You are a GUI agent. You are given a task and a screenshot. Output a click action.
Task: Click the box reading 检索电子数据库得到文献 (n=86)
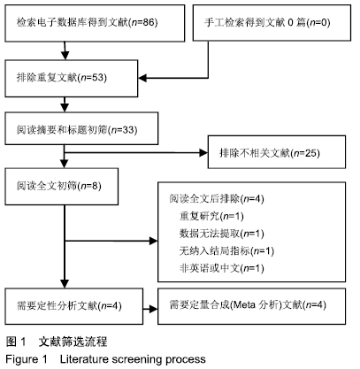[x=95, y=23]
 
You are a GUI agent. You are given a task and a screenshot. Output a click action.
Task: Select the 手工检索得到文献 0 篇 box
[x=272, y=23]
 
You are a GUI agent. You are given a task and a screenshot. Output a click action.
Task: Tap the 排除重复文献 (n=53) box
[x=72, y=78]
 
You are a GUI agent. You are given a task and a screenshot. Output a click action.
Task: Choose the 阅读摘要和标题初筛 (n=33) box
[x=81, y=128]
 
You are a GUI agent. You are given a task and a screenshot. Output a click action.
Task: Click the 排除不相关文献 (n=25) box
[x=277, y=152]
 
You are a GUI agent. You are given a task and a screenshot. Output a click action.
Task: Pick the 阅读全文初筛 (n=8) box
[x=62, y=187]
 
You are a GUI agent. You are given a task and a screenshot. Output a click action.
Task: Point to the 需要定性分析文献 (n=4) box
[x=74, y=306]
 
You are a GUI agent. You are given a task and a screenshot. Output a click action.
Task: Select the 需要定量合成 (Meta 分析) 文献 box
[x=251, y=306]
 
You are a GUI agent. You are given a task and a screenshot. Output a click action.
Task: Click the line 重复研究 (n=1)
[x=211, y=216]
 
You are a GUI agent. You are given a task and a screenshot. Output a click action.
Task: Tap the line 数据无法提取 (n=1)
[x=221, y=234]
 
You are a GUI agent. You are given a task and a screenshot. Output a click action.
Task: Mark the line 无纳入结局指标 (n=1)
[x=226, y=251]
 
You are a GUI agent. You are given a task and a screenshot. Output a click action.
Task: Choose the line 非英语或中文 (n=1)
[x=221, y=268]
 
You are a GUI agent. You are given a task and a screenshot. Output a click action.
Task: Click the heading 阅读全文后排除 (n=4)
[x=217, y=199]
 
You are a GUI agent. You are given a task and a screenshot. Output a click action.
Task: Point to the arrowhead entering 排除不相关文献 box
[x=203, y=152]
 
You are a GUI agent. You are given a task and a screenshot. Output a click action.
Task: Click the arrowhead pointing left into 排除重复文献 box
[x=142, y=78]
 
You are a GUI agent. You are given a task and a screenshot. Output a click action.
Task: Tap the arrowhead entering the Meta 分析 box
[x=154, y=309]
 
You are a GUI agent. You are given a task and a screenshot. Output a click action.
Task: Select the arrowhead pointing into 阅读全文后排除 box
[x=154, y=241]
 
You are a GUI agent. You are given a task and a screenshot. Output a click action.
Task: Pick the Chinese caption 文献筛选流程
[x=73, y=342]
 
